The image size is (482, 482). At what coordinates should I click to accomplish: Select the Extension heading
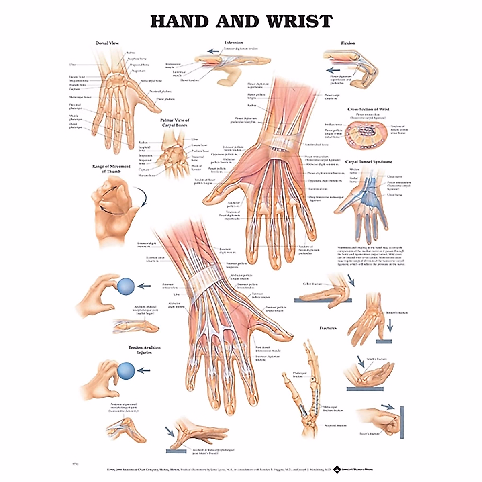pyautogui.click(x=233, y=42)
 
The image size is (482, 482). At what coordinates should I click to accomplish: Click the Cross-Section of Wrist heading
pyautogui.click(x=368, y=109)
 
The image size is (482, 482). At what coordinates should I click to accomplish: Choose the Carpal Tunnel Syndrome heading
pyautogui.click(x=369, y=162)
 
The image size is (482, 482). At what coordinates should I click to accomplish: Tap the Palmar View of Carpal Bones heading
pyautogui.click(x=175, y=123)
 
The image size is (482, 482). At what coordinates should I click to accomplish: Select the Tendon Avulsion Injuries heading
pyautogui.click(x=144, y=350)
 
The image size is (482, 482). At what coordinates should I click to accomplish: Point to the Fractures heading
pyautogui.click(x=328, y=328)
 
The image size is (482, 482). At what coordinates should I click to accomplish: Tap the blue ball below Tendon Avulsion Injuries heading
pyautogui.click(x=127, y=370)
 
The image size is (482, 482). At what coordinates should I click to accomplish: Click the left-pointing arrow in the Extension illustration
pyautogui.click(x=213, y=51)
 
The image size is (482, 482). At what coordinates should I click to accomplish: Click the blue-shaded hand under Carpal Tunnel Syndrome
pyautogui.click(x=364, y=201)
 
